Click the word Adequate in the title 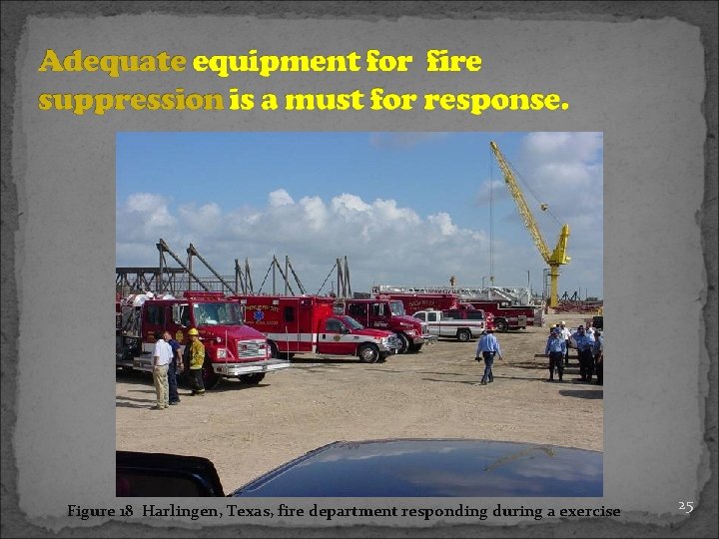(112, 63)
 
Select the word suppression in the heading (130, 101)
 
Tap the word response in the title (494, 101)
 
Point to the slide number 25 (685, 506)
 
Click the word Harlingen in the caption (186, 511)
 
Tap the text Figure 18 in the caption (100, 511)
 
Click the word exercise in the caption (587, 511)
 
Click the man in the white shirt (161, 369)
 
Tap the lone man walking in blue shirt (487, 354)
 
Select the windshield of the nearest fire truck (217, 315)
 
